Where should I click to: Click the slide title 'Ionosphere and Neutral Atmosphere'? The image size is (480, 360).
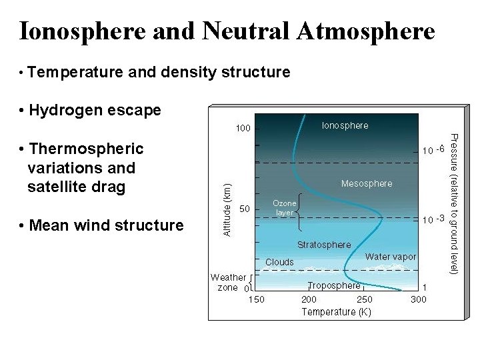227,31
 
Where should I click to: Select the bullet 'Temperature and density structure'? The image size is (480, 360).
159,71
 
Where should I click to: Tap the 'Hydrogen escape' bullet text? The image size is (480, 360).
95,110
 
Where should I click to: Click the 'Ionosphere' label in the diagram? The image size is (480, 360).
345,125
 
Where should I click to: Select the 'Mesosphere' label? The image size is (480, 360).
367,183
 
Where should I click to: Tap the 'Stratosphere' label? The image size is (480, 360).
324,245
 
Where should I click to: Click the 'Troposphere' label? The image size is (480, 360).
334,285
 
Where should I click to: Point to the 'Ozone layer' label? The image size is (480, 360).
285,208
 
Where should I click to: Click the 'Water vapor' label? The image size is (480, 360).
391,257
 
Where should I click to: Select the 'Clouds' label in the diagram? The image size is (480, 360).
279,262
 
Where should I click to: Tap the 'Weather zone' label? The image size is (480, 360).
228,282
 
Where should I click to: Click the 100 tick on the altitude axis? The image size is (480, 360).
241,127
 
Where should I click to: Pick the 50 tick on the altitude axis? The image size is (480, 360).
245,209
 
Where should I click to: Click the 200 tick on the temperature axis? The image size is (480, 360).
309,299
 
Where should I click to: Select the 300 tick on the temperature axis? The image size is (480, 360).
419,299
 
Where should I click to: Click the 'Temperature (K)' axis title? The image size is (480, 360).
336,311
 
